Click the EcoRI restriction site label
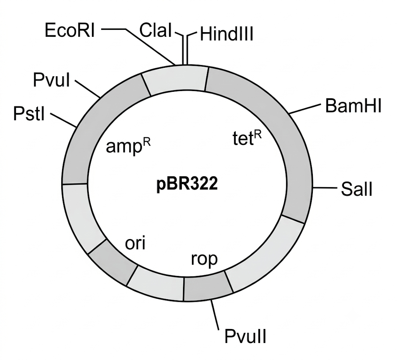(x=70, y=30)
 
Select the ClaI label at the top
(x=156, y=30)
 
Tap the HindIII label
(x=226, y=34)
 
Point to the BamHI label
(x=353, y=105)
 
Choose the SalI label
(x=357, y=189)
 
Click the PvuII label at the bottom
(x=245, y=336)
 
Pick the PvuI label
(x=52, y=80)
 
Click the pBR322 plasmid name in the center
(x=187, y=184)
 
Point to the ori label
(x=135, y=243)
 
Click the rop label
(x=204, y=259)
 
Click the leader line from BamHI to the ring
(x=305, y=109)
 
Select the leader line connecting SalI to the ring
(x=325, y=188)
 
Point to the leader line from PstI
(x=63, y=120)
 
